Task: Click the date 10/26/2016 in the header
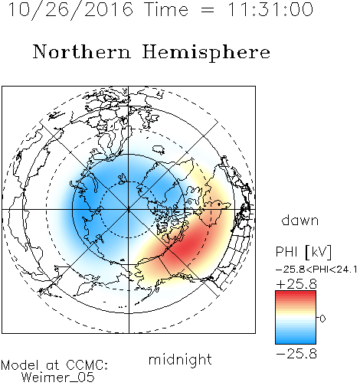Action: click(70, 10)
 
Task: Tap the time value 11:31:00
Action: click(270, 9)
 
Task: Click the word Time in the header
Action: click(166, 9)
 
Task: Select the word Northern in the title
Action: click(82, 51)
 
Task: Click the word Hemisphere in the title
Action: click(206, 52)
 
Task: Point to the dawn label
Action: click(300, 221)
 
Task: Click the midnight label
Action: click(180, 359)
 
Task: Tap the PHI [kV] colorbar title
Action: click(303, 252)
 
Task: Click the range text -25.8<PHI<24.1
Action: click(316, 270)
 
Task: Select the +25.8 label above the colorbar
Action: click(296, 284)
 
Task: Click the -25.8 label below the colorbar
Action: click(296, 354)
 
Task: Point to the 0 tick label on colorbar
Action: click(322, 319)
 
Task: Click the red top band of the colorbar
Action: click(296, 295)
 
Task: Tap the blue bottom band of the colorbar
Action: click(296, 340)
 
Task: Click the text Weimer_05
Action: click(57, 377)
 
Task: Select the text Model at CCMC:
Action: click(54, 365)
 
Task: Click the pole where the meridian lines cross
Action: click(129, 210)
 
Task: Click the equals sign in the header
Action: click(208, 10)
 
